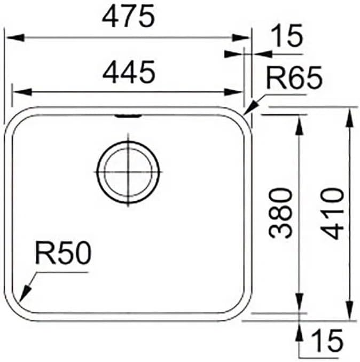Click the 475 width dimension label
point(128,16)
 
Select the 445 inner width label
point(129,72)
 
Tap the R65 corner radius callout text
point(294,77)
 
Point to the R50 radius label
point(63,253)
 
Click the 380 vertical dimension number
point(281,213)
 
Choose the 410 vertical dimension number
point(332,214)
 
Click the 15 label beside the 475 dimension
point(286,36)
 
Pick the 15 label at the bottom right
point(326,341)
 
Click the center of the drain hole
point(128,172)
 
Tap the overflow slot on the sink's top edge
point(128,115)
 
